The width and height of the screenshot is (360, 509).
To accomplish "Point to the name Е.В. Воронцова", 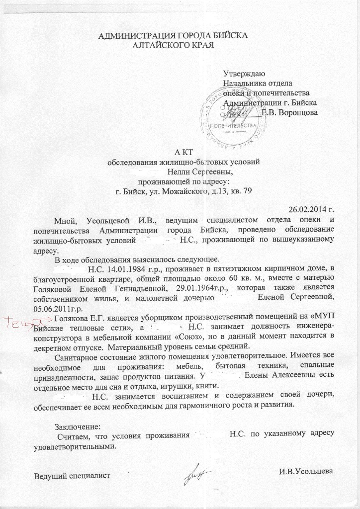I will pos(290,112).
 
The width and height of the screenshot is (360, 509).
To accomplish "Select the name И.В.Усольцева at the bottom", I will pos(307,471).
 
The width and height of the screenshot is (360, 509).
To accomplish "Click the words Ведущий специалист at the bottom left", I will pos(71,476).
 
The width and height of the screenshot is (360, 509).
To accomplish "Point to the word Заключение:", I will pos(77,426).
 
